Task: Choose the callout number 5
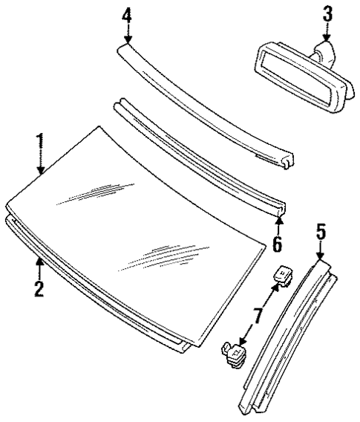click(x=321, y=230)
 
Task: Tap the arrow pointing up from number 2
click(x=39, y=266)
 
